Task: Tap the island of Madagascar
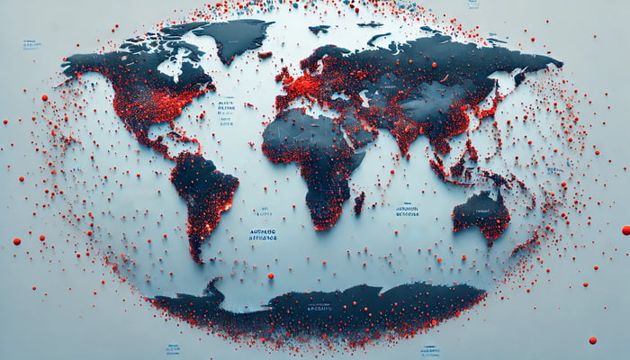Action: [359, 202]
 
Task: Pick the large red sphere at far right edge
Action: [625, 230]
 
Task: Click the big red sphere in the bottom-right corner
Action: [592, 340]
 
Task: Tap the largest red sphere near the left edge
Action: [16, 241]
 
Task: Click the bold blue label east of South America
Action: [264, 235]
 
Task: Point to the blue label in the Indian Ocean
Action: [406, 211]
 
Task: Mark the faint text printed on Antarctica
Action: [320, 308]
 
